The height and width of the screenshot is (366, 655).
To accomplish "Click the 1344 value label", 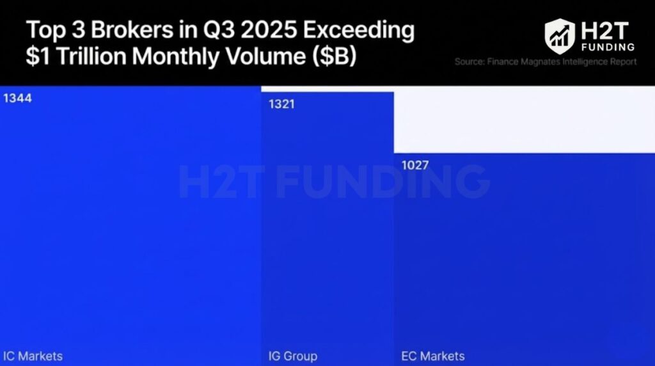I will [x=17, y=99].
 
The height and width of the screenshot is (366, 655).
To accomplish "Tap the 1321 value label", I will [x=281, y=104].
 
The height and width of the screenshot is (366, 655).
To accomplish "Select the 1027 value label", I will [x=415, y=166].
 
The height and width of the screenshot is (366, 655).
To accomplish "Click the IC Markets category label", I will [x=33, y=356].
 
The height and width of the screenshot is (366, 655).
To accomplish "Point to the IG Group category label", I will [x=292, y=356].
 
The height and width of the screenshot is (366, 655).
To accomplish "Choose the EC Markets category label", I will [x=433, y=356].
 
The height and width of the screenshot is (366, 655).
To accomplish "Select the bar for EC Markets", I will [x=524, y=256].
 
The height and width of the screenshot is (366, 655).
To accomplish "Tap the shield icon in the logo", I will [x=560, y=36].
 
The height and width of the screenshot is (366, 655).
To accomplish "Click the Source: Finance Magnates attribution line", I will [x=545, y=62].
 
